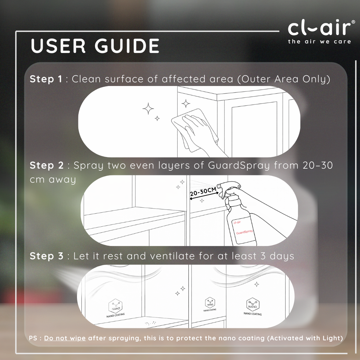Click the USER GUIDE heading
95,46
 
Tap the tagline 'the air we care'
319,42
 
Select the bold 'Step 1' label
46,79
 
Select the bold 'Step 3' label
46,256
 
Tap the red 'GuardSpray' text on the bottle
245,232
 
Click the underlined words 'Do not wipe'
65,338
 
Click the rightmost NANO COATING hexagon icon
253,305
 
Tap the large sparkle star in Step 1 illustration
148,109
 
